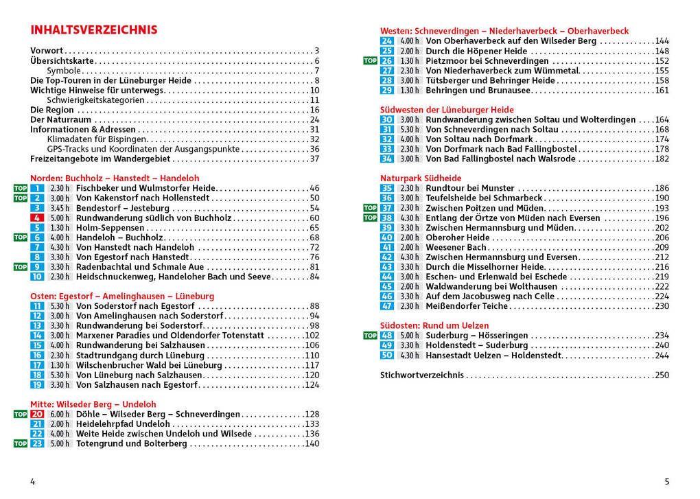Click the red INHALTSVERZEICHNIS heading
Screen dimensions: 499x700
point(94,30)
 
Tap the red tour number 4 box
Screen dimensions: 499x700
point(37,218)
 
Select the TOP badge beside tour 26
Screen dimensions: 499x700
point(370,61)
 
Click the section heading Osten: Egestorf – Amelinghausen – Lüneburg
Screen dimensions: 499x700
point(122,297)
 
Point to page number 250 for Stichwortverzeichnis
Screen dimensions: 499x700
point(662,375)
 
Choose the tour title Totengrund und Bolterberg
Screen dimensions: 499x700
point(132,444)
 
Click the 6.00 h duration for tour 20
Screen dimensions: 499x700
point(60,415)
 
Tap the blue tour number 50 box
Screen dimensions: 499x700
point(387,356)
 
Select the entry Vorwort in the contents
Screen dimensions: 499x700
point(47,51)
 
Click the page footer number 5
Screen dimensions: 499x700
point(666,482)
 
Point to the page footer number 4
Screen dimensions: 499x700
point(32,482)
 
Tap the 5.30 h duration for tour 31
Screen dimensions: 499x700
point(410,130)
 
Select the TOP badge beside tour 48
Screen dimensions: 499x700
point(370,336)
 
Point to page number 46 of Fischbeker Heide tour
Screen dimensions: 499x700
point(314,188)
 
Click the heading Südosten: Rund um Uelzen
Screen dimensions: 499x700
point(434,325)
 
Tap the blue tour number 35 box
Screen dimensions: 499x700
point(387,189)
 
